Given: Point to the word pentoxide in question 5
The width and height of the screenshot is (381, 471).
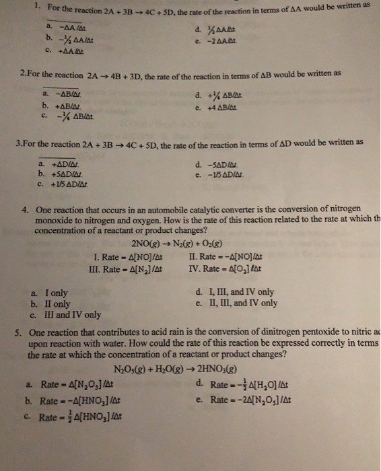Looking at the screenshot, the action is click(348, 333).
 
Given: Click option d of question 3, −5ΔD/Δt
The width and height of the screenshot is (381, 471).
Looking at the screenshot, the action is click(219, 163).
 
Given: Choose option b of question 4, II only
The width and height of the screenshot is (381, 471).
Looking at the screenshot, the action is click(57, 303).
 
